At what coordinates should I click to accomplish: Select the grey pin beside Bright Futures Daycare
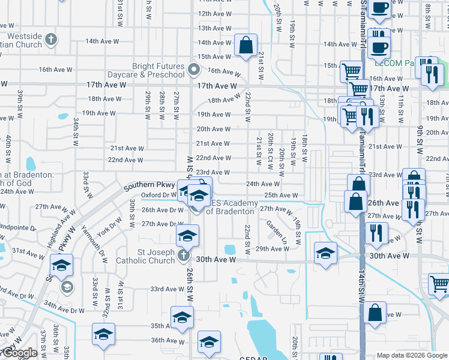click(x=194, y=70)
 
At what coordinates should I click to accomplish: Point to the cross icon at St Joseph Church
click(x=184, y=256)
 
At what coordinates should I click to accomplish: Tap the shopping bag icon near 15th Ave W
click(x=246, y=46)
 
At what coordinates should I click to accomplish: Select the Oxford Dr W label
click(x=157, y=194)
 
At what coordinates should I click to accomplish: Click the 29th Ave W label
click(x=273, y=248)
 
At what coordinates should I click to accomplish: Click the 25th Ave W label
click(x=281, y=195)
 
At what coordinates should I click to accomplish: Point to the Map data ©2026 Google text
click(x=412, y=355)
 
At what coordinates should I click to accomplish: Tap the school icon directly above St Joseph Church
click(x=187, y=236)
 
